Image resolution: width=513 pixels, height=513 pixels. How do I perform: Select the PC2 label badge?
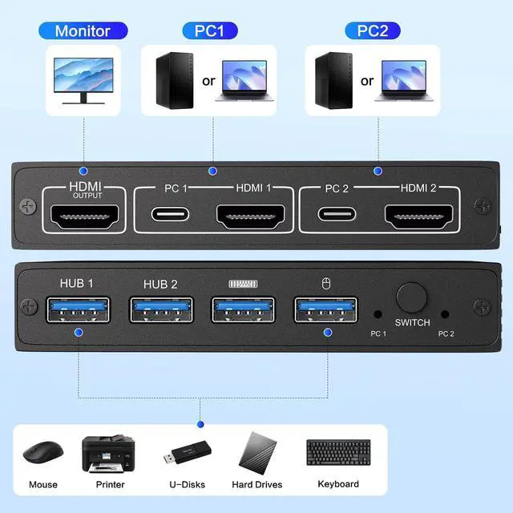(373, 31)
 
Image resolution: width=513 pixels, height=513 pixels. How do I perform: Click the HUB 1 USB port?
(76, 308)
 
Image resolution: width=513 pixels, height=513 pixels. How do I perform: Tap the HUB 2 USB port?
(160, 308)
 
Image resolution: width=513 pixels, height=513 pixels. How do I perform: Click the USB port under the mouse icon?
(325, 308)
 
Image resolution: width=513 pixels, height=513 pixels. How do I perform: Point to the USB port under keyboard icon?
(243, 308)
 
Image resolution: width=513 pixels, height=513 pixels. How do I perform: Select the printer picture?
(109, 454)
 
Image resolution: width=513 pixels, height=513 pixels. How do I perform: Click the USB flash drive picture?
(186, 456)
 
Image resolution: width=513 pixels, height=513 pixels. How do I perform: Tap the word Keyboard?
(338, 484)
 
